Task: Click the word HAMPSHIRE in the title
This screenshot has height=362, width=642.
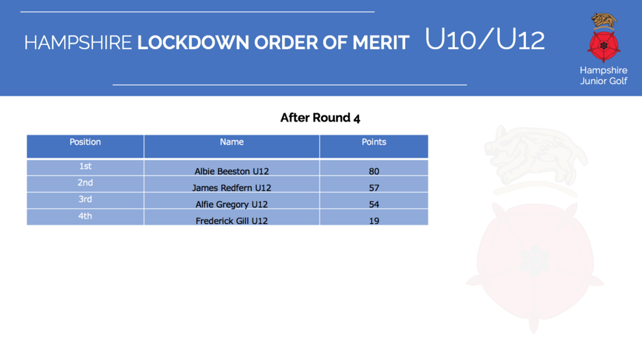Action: coord(78,42)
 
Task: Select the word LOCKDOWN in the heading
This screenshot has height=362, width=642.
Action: coord(193,42)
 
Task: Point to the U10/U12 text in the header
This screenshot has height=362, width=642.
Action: coord(485,40)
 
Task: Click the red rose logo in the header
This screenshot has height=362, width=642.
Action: coord(604,46)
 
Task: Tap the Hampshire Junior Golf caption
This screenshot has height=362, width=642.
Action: coord(604,75)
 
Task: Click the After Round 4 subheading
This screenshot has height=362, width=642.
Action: coord(320,118)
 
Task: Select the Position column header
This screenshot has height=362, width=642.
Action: coord(85,142)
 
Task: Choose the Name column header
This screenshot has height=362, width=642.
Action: coord(232,142)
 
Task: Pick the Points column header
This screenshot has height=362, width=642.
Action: coord(374,142)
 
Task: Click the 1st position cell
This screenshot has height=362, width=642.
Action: coord(85,166)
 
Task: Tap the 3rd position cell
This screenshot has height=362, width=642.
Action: coord(85,199)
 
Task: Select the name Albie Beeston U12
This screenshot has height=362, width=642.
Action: coord(232,171)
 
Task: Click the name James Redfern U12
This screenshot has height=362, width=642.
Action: coord(232,188)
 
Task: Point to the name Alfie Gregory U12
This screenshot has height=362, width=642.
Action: coord(232,204)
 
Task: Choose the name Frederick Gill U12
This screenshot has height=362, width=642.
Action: coord(232,221)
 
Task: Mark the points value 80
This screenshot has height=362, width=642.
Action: coord(374,171)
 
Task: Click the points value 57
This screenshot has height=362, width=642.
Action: coord(374,188)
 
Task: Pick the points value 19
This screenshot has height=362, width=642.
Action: coord(374,221)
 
